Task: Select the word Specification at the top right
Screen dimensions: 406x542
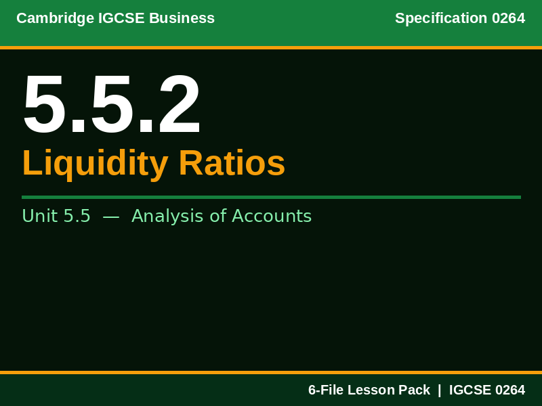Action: click(441, 18)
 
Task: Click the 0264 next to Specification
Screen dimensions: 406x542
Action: click(508, 18)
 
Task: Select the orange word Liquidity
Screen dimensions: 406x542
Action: click(96, 164)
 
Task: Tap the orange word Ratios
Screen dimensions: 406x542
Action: click(232, 164)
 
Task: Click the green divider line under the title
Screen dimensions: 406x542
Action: click(271, 197)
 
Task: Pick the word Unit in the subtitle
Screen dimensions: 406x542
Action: click(39, 217)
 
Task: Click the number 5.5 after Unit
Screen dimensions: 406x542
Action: click(77, 217)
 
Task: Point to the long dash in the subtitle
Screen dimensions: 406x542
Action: click(111, 217)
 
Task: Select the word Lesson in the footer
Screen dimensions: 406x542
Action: click(372, 390)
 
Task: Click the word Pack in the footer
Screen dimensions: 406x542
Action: click(414, 390)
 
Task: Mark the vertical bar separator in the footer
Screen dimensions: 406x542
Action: click(439, 390)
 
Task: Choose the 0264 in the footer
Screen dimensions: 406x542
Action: click(510, 390)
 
